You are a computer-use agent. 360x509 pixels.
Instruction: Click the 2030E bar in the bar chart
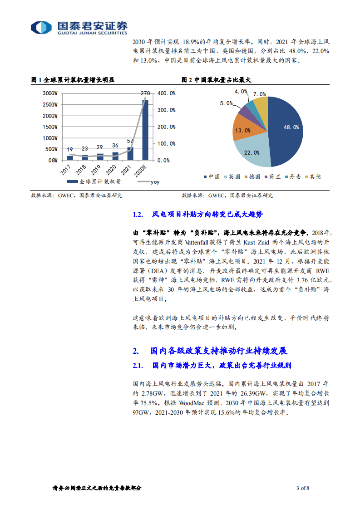[145, 130]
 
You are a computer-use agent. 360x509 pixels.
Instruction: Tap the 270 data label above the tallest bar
[145, 93]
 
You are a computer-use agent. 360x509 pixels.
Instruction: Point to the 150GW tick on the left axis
[49, 127]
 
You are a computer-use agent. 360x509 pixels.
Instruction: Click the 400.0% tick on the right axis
[166, 93]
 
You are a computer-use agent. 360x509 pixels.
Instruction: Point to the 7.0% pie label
[260, 94]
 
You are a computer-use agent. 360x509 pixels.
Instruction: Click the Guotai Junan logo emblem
[39, 27]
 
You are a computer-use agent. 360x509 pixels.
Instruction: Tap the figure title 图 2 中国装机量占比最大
[217, 80]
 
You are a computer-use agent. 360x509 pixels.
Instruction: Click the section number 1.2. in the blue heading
[138, 215]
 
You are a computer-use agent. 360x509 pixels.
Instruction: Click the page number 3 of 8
[302, 488]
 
